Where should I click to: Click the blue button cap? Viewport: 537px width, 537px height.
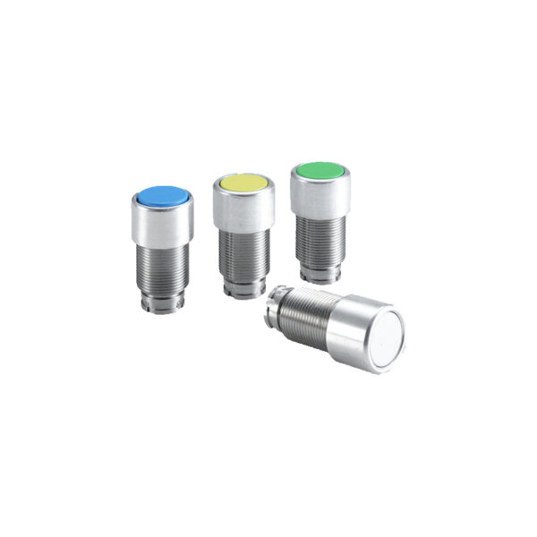(x=161, y=194)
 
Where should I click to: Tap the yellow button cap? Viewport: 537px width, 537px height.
(x=243, y=183)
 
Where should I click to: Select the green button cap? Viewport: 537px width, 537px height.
(x=320, y=170)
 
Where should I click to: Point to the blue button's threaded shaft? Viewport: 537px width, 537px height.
(x=162, y=268)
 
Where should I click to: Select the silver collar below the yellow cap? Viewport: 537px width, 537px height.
(x=243, y=209)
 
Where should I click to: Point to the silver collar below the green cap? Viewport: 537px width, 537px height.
(x=320, y=197)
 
